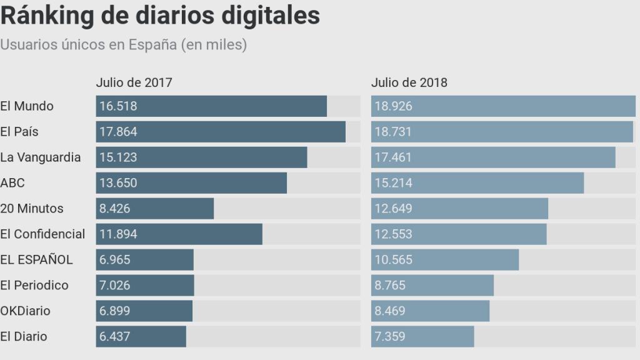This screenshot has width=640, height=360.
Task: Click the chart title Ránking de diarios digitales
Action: coord(160,16)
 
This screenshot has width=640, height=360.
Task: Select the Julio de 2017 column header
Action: coord(134,82)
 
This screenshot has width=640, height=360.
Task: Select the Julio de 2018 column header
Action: coord(409,82)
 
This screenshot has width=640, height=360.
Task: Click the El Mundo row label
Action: coord(27,106)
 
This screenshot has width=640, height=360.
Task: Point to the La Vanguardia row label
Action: coord(41,157)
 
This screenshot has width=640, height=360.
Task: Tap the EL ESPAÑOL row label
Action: coord(36,259)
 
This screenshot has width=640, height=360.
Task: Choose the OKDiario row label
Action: coord(26,311)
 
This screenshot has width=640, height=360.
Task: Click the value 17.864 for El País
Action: coord(118,132)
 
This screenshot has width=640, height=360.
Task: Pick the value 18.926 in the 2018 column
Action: coord(394,106)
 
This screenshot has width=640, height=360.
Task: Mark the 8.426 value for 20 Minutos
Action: coord(115,208)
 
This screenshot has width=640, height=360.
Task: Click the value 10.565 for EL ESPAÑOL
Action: coord(394,259)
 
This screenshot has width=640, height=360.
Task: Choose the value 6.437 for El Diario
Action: coord(115,336)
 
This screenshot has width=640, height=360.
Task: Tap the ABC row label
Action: coord(12,183)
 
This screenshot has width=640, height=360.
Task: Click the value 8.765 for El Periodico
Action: coord(391,285)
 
